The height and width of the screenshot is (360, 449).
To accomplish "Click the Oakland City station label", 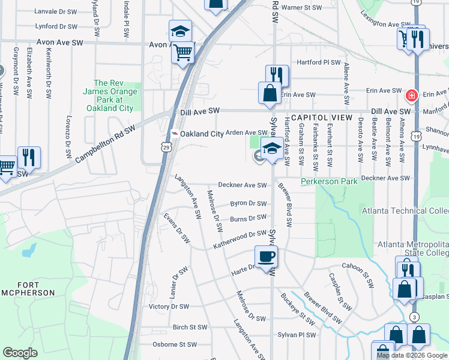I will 199,133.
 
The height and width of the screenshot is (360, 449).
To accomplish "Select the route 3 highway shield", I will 414,316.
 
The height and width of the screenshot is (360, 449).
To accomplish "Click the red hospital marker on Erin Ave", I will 412,95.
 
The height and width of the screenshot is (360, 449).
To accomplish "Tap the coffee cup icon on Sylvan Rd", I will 267,257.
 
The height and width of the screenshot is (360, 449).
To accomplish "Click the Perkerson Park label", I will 329,181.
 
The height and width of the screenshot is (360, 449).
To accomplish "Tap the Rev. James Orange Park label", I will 117,96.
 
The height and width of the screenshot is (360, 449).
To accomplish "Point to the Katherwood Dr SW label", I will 240,239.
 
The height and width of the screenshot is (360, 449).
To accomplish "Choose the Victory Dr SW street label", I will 168,307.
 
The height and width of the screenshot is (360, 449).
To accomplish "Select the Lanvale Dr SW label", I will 56,11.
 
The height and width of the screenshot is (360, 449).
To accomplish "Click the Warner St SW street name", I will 302,8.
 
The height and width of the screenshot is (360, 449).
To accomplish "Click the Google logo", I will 20,353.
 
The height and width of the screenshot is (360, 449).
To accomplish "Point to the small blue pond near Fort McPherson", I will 28,250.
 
